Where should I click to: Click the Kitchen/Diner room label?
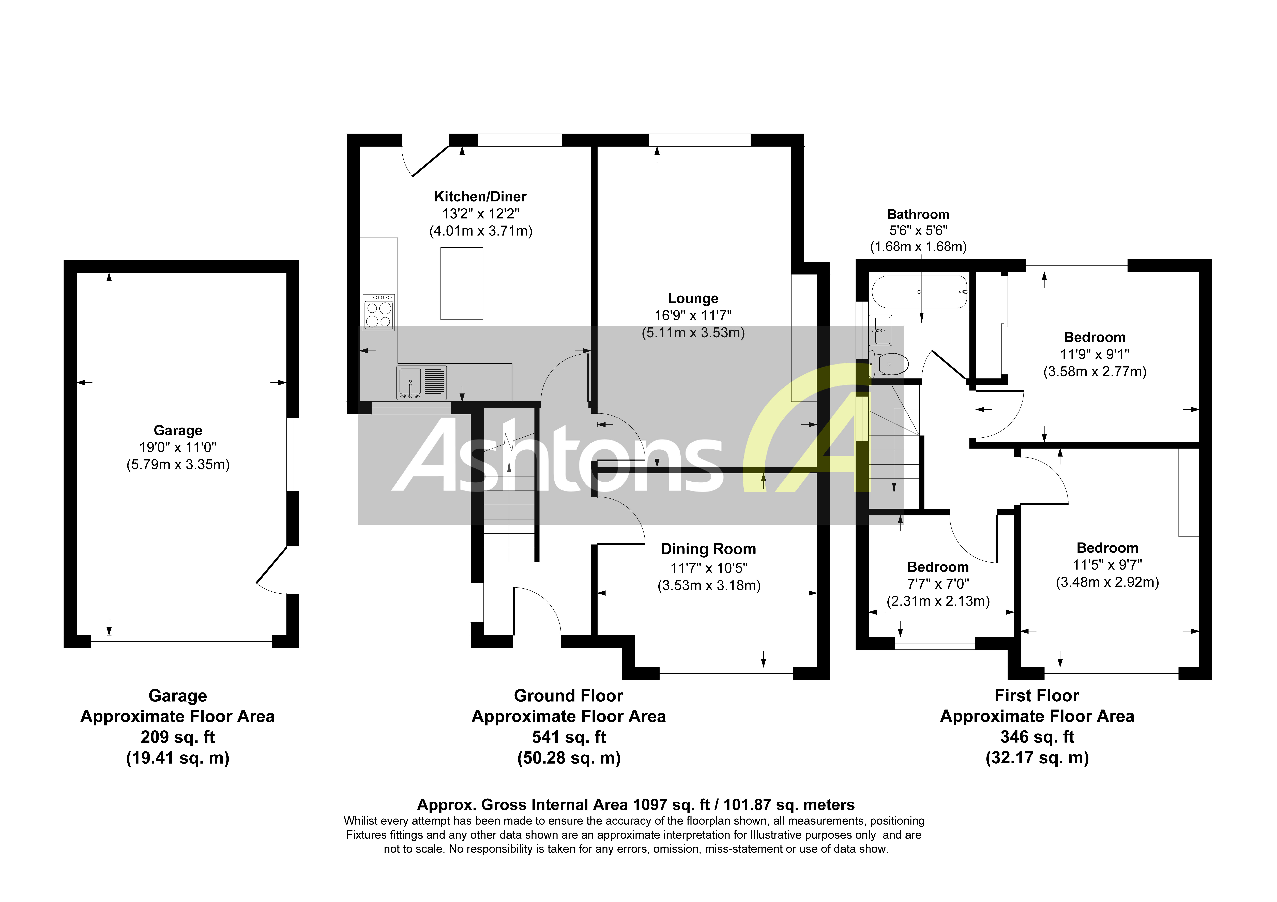[480, 196]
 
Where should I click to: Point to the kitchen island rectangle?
[462, 284]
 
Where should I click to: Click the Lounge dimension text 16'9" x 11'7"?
[693, 315]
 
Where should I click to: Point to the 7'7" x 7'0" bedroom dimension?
[938, 584]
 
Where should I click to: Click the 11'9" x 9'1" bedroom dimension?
[1094, 354]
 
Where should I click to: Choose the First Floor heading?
[1037, 696]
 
